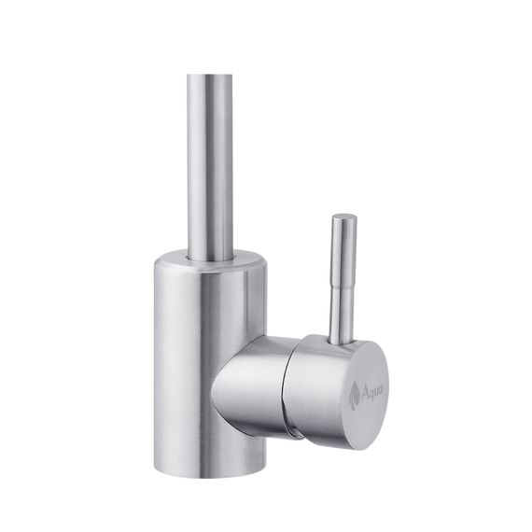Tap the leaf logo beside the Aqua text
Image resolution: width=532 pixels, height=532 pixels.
(x=355, y=397)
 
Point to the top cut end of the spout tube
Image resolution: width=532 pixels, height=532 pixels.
(x=210, y=77)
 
